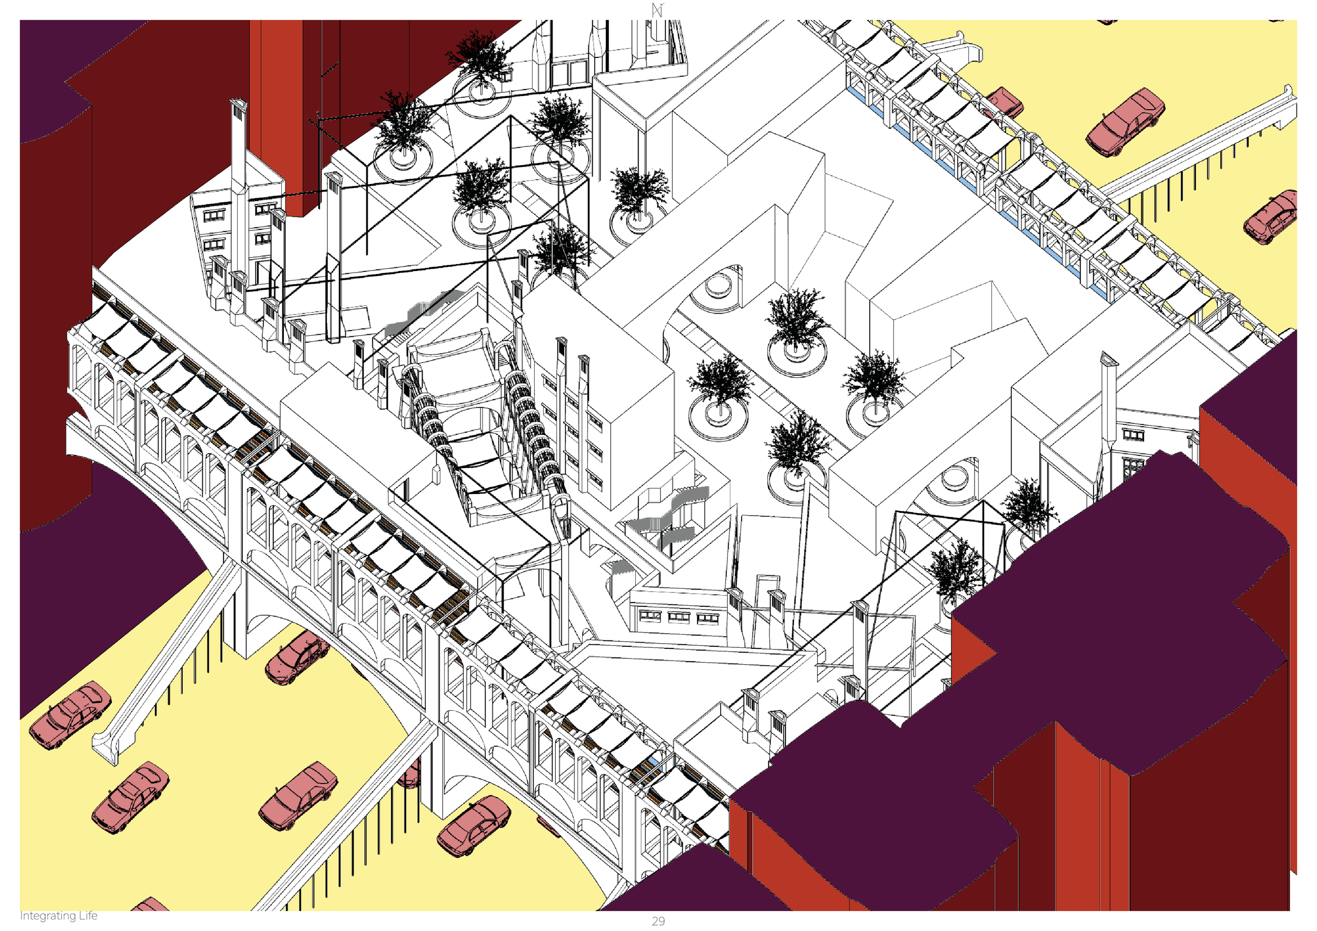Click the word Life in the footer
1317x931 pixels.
click(89, 915)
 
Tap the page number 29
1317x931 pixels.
click(658, 921)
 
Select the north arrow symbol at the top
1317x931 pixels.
click(657, 10)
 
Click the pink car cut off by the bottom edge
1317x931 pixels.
click(150, 905)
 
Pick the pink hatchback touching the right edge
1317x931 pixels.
click(1270, 218)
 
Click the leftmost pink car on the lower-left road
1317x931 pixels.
click(70, 715)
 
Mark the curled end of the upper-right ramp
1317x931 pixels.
click(1287, 103)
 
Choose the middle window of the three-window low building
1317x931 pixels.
click(679, 616)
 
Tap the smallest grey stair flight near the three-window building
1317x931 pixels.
click(621, 568)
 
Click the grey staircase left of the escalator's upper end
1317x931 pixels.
click(421, 313)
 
